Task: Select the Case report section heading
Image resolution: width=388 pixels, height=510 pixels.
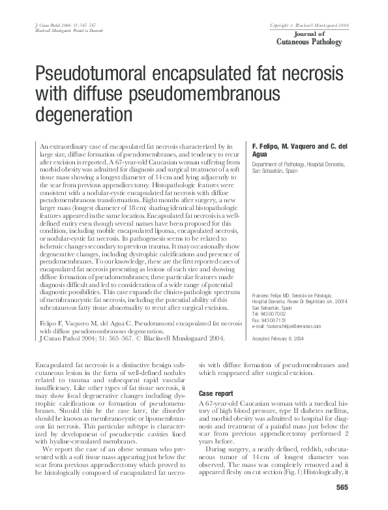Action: (x=216, y=395)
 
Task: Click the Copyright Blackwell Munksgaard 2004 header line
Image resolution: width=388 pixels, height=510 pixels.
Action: (x=310, y=25)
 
